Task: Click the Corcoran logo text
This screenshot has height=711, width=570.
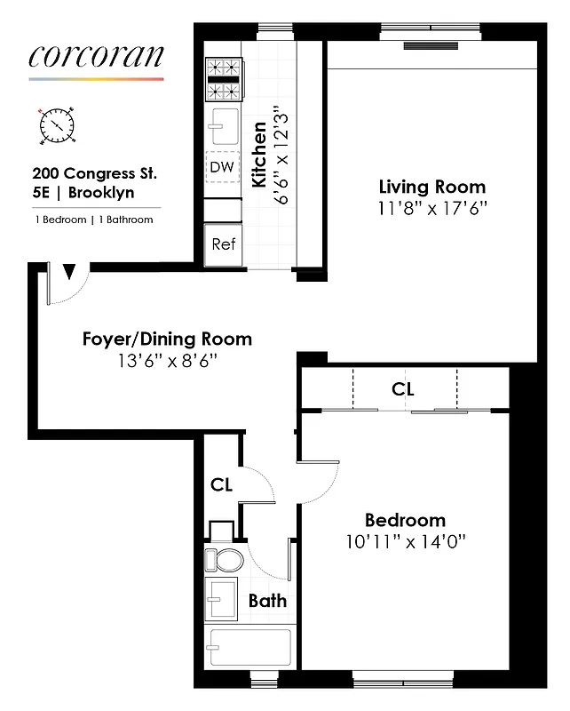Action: tap(96, 55)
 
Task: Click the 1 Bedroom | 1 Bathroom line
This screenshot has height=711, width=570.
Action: tap(93, 220)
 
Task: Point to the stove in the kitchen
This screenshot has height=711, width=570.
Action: tap(224, 80)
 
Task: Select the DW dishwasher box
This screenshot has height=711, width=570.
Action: tap(223, 167)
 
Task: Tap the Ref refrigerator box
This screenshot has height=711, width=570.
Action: tap(223, 244)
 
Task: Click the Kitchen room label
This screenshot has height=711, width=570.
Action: tap(259, 156)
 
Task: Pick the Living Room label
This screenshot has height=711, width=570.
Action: tap(432, 188)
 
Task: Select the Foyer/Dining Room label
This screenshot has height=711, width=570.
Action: tap(167, 340)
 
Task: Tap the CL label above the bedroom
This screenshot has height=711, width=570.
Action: tap(404, 389)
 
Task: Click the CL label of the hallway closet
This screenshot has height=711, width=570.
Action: tap(222, 485)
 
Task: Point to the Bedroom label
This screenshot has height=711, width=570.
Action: tap(406, 521)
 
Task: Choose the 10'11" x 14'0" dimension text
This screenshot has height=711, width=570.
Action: tap(406, 541)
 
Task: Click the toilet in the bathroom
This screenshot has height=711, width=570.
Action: tap(223, 559)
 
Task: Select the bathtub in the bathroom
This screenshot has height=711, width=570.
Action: tap(249, 648)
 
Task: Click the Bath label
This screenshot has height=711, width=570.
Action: tap(267, 602)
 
